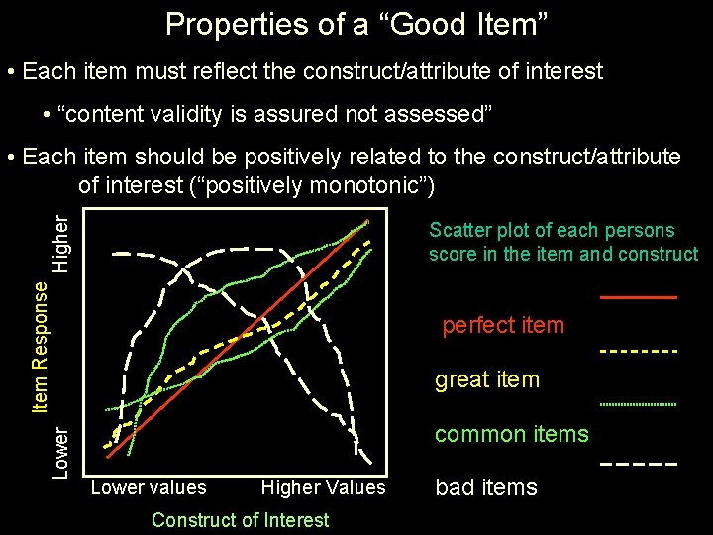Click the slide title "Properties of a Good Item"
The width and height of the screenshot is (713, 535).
pyautogui.click(x=356, y=23)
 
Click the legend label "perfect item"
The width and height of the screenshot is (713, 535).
pyautogui.click(x=502, y=325)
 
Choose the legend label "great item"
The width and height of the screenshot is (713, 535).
pyautogui.click(x=487, y=379)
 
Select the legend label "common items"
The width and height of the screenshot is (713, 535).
pyautogui.click(x=512, y=434)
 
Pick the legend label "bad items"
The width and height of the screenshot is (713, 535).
pyautogui.click(x=486, y=487)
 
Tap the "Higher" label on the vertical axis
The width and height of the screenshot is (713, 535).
pyautogui.click(x=61, y=244)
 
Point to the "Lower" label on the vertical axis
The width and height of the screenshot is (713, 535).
pyautogui.click(x=61, y=452)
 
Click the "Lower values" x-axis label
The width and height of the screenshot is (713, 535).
pyautogui.click(x=149, y=487)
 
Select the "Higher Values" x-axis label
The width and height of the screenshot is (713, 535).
pyautogui.click(x=323, y=487)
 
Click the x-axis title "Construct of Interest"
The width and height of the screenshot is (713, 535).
pyautogui.click(x=241, y=519)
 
